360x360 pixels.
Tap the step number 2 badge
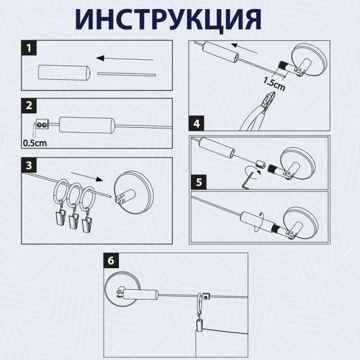pyautogui.click(x=28, y=106)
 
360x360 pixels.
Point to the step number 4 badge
pyautogui.click(x=197, y=124)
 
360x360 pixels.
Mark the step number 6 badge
pyautogui.click(x=109, y=261)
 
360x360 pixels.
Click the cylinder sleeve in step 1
pyautogui.click(x=64, y=73)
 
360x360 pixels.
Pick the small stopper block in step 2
pyautogui.click(x=41, y=125)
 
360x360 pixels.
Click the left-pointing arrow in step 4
pyautogui.click(x=244, y=45)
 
